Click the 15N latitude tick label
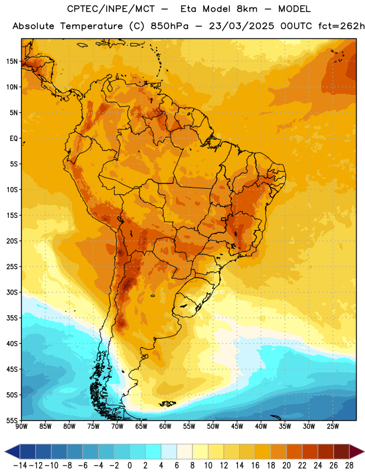pos(12,61)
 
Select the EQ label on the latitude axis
pos(14,139)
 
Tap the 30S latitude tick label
pos(12,292)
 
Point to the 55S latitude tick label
pos(12,420)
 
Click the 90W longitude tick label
pos(21,427)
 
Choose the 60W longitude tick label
pos(165,427)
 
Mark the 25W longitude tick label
pos(333,427)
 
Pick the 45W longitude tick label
pos(237,427)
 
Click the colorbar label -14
pos(20,466)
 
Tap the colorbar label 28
pos(349,466)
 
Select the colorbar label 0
pos(129,466)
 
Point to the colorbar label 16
pos(255,466)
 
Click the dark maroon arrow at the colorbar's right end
pos(357,451)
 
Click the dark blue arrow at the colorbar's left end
pos(12,451)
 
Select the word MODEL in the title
pos(295,9)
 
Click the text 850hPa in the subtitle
pos(170,26)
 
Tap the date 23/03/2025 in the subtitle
pos(242,26)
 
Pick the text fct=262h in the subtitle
pos(341,26)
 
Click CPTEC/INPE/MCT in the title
pos(111,9)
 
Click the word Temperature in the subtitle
pos(92,27)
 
